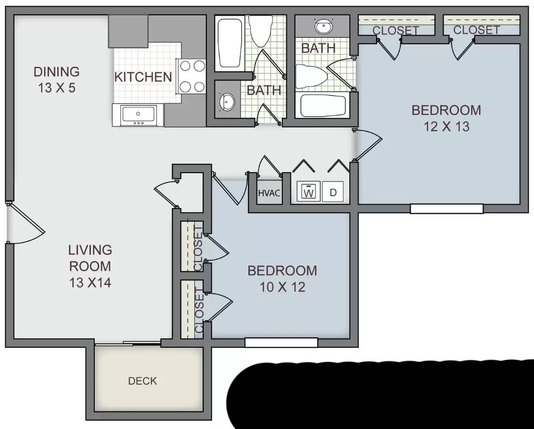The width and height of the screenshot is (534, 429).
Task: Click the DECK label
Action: [x=142, y=381]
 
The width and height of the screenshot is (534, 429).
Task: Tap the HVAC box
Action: [x=269, y=193]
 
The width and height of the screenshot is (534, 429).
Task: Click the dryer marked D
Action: [x=333, y=192]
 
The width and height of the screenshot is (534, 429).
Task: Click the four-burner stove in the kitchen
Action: [x=191, y=76]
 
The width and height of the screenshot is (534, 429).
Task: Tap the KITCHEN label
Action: [x=143, y=77]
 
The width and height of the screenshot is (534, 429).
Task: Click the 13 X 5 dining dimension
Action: [x=56, y=89]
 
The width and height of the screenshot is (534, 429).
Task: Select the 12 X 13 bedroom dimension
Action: [x=446, y=126]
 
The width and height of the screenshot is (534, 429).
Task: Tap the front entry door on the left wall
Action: [x=24, y=223]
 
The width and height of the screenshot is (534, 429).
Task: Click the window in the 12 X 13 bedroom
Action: [x=446, y=209]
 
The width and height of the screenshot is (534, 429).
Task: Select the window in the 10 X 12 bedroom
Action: [x=281, y=343]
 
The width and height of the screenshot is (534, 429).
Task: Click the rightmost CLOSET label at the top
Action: [x=476, y=30]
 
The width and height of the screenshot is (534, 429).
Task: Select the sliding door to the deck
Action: [x=128, y=344]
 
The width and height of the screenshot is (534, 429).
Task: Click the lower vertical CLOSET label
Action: [x=198, y=310]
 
